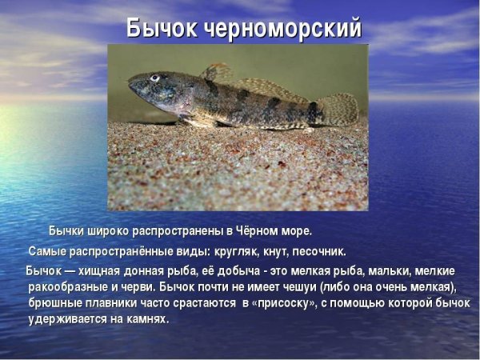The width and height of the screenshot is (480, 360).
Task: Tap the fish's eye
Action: click(x=155, y=78)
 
